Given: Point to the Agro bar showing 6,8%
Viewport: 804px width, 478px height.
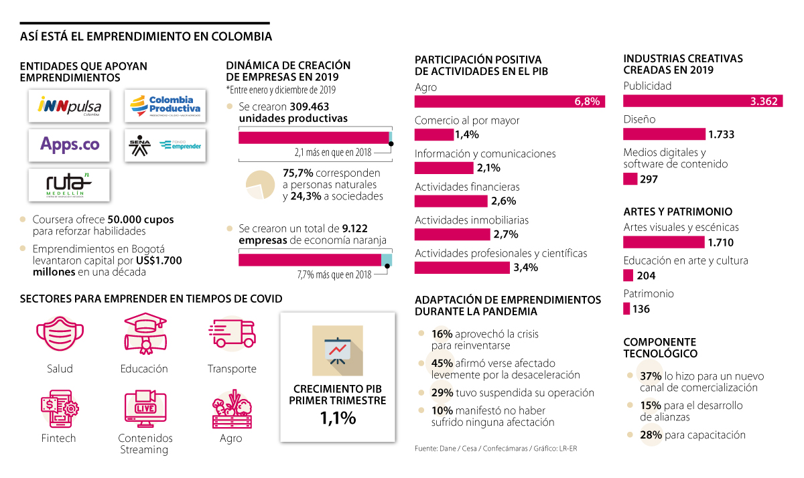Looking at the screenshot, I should tap(510, 101).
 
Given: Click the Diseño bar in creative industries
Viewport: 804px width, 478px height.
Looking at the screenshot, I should tap(664, 134).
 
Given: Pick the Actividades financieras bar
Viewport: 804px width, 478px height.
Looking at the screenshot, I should tap(451, 201).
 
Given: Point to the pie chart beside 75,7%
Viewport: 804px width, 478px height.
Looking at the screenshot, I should tap(261, 184).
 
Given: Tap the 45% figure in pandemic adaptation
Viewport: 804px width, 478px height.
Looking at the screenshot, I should tap(442, 364).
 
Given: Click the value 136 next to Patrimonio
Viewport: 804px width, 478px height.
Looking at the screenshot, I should tap(641, 309).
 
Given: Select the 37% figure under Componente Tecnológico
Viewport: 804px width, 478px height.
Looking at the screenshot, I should tap(651, 376).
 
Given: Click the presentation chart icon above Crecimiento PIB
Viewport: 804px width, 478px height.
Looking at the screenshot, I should tap(338, 350).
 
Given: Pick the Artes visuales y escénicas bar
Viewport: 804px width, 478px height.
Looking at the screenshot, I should tap(664, 242).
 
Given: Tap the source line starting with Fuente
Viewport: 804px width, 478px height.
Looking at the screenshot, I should tap(495, 448).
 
